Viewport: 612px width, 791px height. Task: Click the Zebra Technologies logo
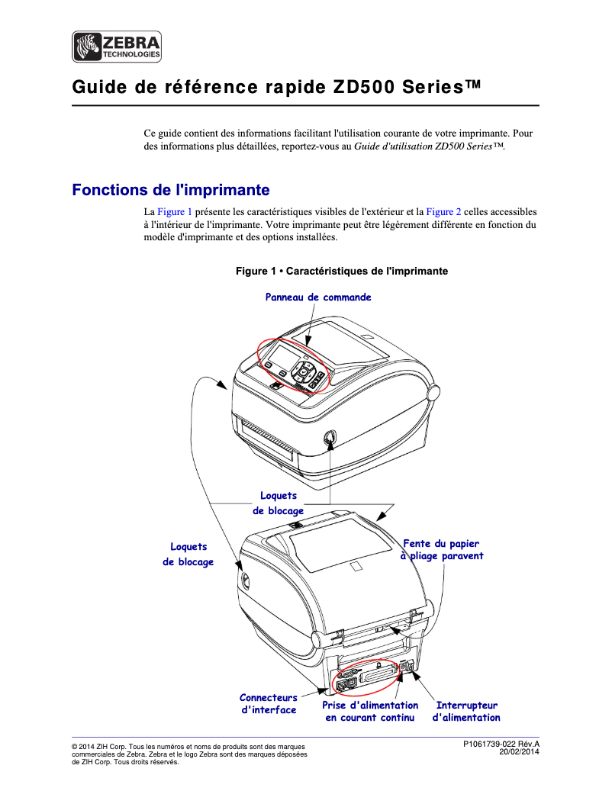tap(117, 47)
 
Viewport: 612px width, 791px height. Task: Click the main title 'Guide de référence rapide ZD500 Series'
tap(277, 87)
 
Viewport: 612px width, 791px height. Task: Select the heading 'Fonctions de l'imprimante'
tap(170, 189)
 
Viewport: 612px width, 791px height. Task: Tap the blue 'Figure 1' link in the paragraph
tap(174, 211)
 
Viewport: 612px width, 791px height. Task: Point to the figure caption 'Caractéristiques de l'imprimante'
tap(341, 272)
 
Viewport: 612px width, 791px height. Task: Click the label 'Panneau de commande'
tap(318, 297)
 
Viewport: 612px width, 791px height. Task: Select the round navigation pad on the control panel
tap(306, 371)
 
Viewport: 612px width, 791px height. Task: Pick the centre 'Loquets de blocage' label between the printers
tap(278, 503)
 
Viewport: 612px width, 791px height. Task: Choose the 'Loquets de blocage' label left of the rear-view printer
tap(188, 554)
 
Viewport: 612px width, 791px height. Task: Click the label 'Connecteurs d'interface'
tap(269, 703)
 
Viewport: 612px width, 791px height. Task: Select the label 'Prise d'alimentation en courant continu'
tap(370, 711)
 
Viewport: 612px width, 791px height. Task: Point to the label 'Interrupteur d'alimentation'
tap(466, 711)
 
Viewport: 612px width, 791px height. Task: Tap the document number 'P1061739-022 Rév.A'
tap(501, 744)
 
